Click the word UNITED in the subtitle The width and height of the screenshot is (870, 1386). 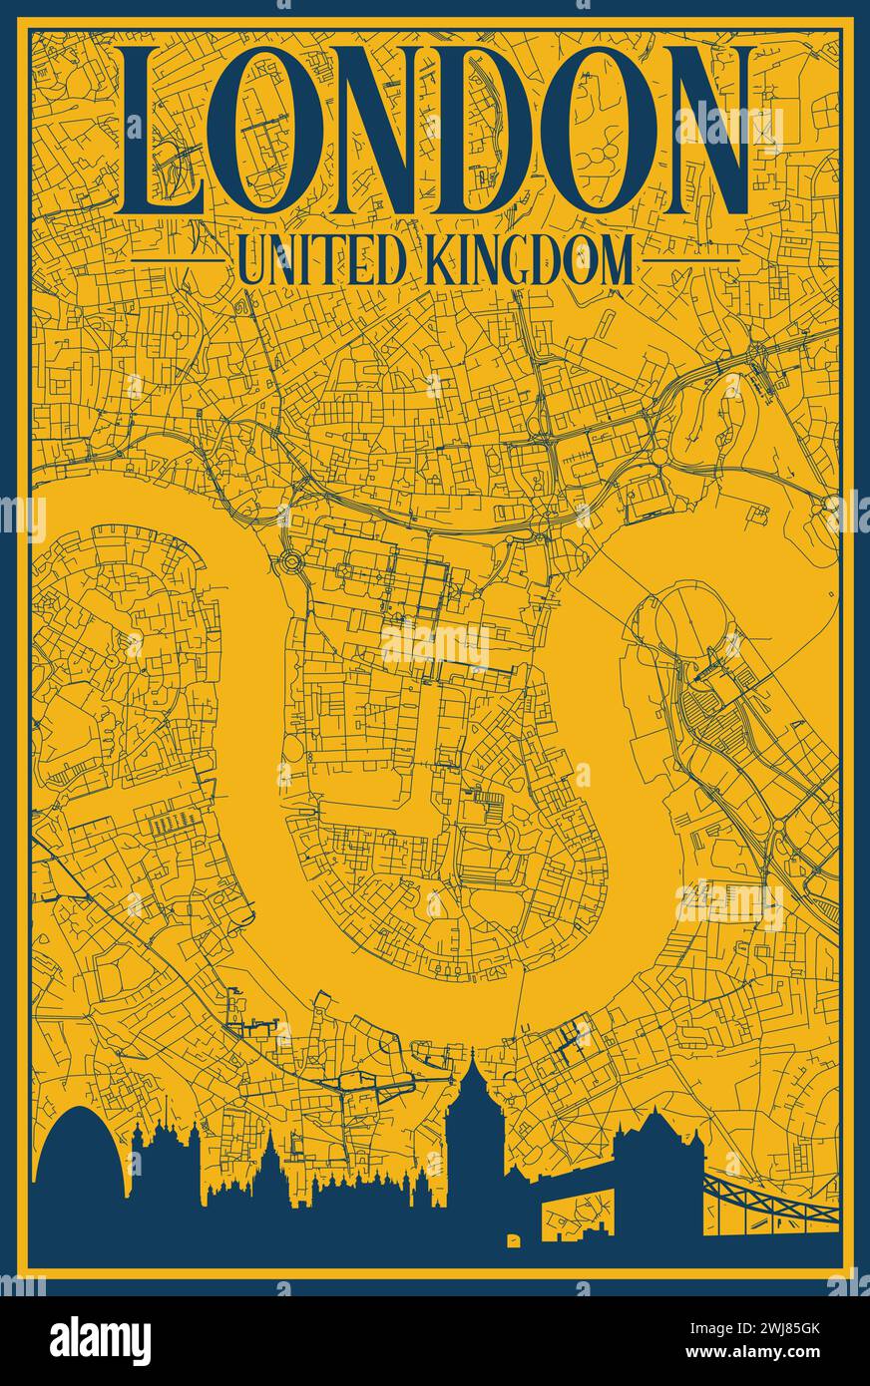click(320, 262)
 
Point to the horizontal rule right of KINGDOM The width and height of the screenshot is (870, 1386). click(688, 262)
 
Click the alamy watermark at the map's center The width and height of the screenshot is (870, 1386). click(435, 643)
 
